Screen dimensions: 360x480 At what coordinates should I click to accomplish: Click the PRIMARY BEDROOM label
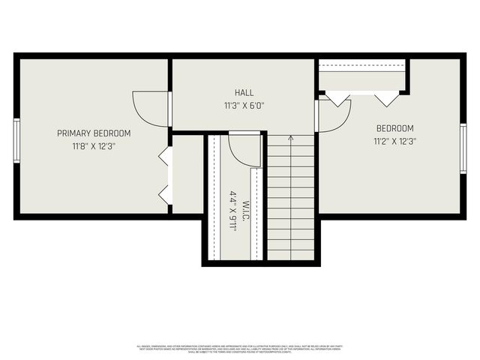click(94, 133)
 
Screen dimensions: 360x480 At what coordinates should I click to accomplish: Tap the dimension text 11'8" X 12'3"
click(94, 146)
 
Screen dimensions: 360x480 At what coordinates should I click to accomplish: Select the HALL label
click(244, 92)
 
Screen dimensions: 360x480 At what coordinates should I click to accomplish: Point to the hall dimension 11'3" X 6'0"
click(244, 105)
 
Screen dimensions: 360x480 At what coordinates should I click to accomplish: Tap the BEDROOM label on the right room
click(394, 128)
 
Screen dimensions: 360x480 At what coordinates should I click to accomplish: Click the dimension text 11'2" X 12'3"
click(394, 141)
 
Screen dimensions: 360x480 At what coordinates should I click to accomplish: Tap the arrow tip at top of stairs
click(290, 136)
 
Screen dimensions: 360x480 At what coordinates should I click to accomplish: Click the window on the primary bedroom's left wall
click(16, 140)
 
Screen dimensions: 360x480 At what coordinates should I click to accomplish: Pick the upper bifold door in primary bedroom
click(165, 157)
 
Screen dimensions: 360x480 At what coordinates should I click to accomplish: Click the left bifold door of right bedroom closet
click(337, 97)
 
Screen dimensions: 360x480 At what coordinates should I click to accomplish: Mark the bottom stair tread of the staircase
click(290, 255)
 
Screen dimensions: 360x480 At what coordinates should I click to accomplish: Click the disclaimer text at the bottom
click(240, 348)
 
